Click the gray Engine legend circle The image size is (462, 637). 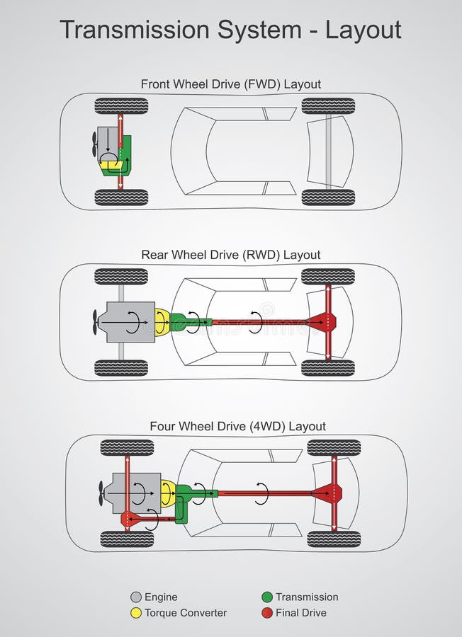point(136,597)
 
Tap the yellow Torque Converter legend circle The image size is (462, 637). point(136,613)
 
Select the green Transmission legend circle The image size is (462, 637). point(267,597)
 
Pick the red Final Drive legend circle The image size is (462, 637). point(267,613)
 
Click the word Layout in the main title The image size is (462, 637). point(364,30)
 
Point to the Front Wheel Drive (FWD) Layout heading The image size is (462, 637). point(230,84)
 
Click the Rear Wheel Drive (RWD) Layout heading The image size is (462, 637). point(230,255)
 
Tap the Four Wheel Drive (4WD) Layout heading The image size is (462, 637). point(237,426)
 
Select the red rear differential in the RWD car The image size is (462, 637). point(327,322)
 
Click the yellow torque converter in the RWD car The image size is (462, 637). point(162,322)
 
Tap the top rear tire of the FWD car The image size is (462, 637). point(328,106)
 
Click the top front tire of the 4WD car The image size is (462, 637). point(127,447)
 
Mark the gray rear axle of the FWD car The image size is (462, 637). point(328,151)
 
